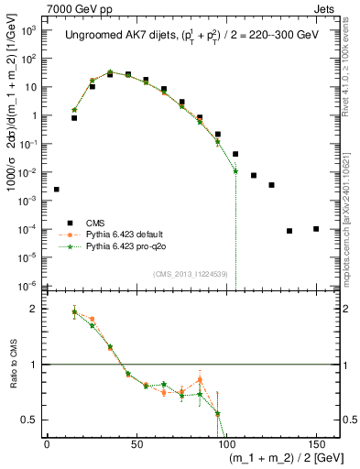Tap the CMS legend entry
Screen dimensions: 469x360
(95, 223)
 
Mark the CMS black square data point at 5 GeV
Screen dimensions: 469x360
(57, 190)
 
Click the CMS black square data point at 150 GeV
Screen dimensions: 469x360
(316, 228)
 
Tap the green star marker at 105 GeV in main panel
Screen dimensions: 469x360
(235, 170)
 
